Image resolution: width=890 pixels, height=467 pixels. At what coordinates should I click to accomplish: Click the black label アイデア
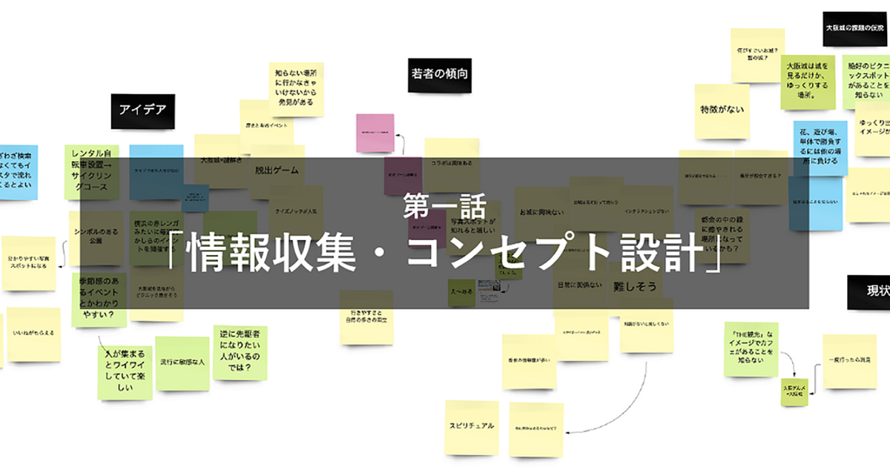point(142,110)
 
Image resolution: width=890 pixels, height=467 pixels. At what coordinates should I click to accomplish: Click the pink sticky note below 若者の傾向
point(375,133)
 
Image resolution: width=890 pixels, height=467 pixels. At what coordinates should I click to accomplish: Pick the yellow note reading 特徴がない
point(722,110)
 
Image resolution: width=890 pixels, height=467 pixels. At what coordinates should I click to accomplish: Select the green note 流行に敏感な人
point(182,363)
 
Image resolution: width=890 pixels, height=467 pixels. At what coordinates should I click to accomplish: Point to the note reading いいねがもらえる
point(33,334)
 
